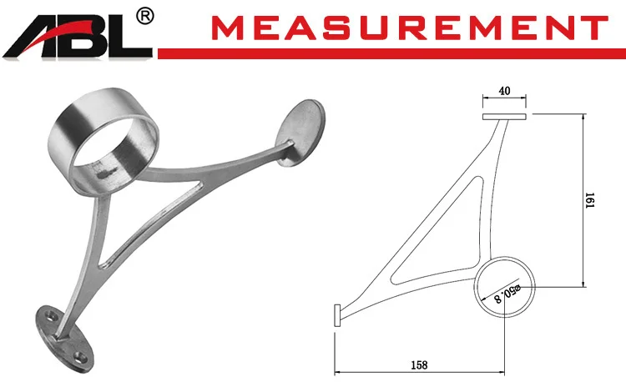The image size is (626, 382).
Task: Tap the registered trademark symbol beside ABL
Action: pos(144,16)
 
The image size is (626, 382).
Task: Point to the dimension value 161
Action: pos(589,201)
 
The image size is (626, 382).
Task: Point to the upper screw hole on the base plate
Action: pos(50,319)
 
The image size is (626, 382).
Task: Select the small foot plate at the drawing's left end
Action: pos(336,314)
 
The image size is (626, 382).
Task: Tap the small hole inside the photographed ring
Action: pos(103,173)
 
